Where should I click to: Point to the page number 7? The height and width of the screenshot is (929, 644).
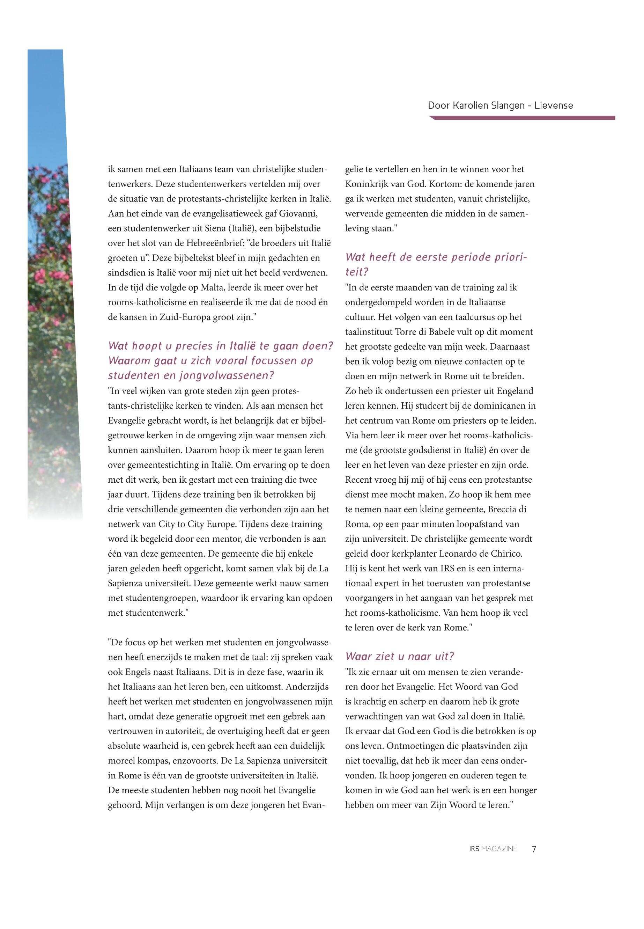click(534, 849)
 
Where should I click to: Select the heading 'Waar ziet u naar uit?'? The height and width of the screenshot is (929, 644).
click(399, 657)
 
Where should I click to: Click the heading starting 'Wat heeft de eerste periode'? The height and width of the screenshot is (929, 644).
click(436, 257)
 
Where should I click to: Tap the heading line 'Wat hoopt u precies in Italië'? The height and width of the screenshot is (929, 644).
click(220, 346)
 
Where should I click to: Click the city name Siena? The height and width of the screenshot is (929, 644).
click(214, 228)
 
